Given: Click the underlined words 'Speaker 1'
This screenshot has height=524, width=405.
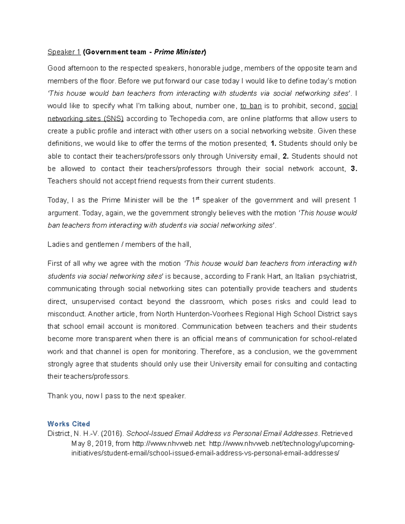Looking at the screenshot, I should pos(64,52).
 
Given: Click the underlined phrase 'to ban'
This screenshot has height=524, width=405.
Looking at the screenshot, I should pos(251,106).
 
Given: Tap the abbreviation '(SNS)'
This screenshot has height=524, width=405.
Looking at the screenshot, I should pos(113,118).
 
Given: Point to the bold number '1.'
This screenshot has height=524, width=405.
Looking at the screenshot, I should pos(273,143).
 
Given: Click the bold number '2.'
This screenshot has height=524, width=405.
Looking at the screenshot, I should pos(286,156).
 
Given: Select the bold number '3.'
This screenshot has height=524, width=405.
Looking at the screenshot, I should pos(353,169).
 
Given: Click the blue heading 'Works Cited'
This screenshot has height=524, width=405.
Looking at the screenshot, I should pos(69,424).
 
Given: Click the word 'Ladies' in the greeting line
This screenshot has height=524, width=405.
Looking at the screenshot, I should pos(58,245).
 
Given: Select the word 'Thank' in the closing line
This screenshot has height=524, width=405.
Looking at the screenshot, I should pos(58,396).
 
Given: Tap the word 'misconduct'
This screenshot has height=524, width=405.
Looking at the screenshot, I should pos(66,314).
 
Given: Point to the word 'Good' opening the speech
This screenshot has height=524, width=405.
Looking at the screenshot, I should pos(56,68).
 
